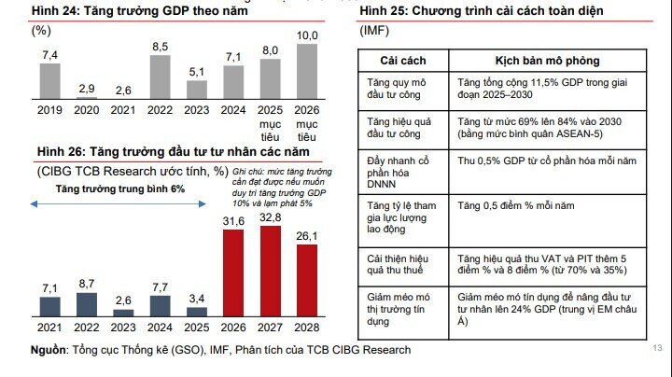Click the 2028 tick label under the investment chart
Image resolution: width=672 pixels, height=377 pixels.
coord(307,328)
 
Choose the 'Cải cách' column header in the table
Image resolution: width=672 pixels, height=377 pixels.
coord(402,60)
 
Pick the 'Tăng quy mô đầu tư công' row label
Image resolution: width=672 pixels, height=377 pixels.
coord(398,89)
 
